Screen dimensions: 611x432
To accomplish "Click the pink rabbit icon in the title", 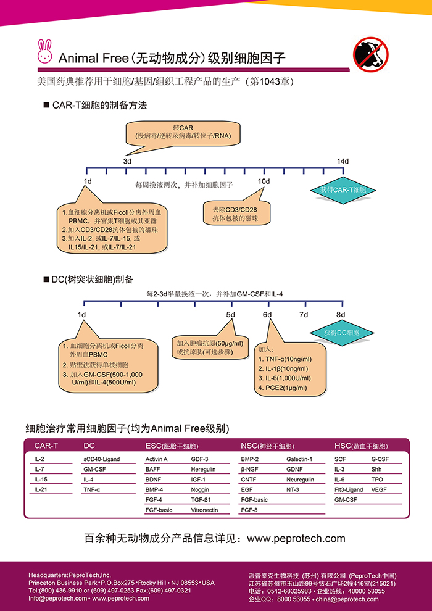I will click(45, 52).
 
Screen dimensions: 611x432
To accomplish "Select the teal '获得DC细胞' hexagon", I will click(339, 333).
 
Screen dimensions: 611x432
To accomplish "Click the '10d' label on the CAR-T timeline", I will click(264, 181).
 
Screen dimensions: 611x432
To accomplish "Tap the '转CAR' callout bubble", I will click(183, 131).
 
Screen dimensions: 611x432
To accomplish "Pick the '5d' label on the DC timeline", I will click(230, 315).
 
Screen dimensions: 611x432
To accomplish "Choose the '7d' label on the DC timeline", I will click(303, 315).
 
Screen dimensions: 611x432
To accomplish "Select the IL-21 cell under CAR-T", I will click(41, 489).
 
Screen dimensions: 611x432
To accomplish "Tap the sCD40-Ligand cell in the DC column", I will click(101, 459).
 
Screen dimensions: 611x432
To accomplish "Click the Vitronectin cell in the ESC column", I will click(204, 510).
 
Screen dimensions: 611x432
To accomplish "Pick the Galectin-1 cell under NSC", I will click(299, 459).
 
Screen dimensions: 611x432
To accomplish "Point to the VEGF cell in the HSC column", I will click(378, 489).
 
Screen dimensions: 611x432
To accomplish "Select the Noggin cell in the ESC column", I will click(200, 489).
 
